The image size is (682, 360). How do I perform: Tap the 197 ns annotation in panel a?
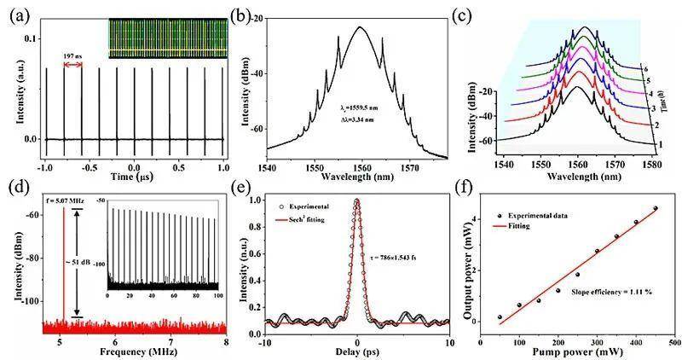pyautogui.click(x=73, y=55)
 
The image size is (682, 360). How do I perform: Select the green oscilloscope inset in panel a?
pyautogui.click(x=166, y=40)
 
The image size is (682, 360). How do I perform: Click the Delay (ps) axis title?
pyautogui.click(x=356, y=349)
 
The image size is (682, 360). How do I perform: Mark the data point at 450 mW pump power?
pyautogui.click(x=655, y=208)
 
